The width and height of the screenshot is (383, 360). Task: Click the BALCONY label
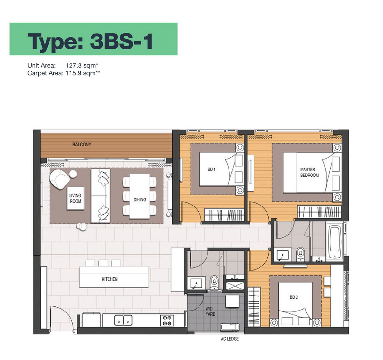point(82,144)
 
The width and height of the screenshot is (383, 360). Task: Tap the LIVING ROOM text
point(75,198)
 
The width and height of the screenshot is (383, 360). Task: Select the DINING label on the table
point(139,200)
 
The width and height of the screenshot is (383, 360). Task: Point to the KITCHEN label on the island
point(109,279)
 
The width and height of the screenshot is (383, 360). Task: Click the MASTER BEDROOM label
point(309,172)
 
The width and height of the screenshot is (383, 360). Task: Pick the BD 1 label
point(212,169)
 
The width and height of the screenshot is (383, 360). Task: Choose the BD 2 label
point(294,297)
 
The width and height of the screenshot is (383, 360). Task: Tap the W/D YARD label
point(210,311)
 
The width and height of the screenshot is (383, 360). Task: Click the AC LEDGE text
point(230,339)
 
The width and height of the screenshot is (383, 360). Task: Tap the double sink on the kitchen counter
point(123,320)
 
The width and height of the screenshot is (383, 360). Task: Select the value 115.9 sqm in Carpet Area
point(83,73)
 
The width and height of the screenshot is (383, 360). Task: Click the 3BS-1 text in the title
point(121,41)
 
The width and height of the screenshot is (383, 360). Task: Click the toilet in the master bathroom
point(300,254)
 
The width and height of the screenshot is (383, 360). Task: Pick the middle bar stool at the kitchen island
point(103,263)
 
